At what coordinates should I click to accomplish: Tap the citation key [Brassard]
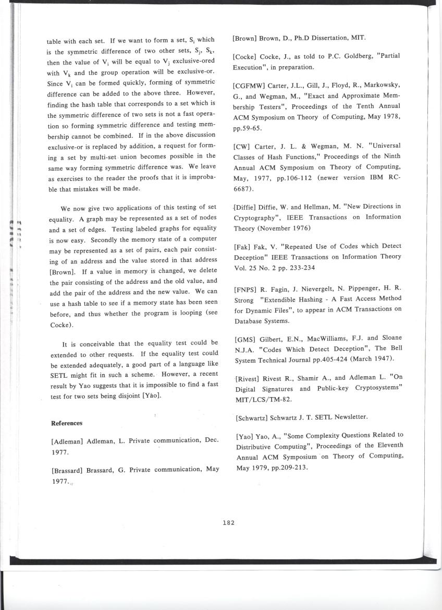[x=70, y=470]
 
